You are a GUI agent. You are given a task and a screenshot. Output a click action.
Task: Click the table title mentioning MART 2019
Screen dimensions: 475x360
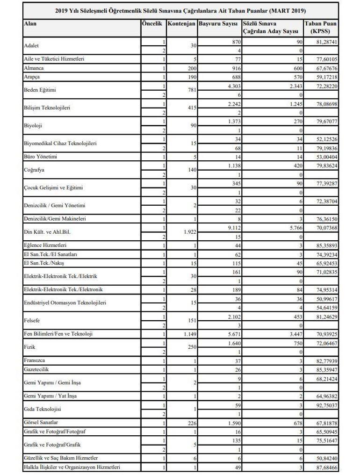click(x=180, y=10)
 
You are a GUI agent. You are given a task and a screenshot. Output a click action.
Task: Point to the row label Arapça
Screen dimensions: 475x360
click(x=32, y=75)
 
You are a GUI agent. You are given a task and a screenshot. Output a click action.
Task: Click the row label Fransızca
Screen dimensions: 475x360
click(x=36, y=361)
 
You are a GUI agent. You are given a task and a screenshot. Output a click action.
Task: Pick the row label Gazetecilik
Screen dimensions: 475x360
click(x=37, y=368)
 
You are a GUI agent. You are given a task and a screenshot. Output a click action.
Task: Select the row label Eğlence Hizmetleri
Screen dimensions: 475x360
click(x=45, y=245)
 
